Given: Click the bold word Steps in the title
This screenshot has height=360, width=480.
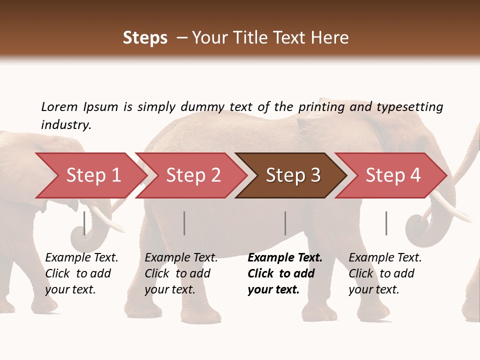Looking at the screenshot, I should click(145, 38).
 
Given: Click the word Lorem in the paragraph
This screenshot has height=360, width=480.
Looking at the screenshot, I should click(59, 106).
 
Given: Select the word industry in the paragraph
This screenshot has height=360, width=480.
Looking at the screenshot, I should click(65, 124).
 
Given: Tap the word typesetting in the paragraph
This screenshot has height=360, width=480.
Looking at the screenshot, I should click(409, 106).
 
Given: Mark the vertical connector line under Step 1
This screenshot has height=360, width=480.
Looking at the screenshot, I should click(84, 223).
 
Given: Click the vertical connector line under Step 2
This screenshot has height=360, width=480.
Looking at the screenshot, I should click(184, 223).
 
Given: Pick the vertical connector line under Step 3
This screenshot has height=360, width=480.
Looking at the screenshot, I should click(285, 223).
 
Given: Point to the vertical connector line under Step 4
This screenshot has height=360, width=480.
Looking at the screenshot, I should click(386, 223).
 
